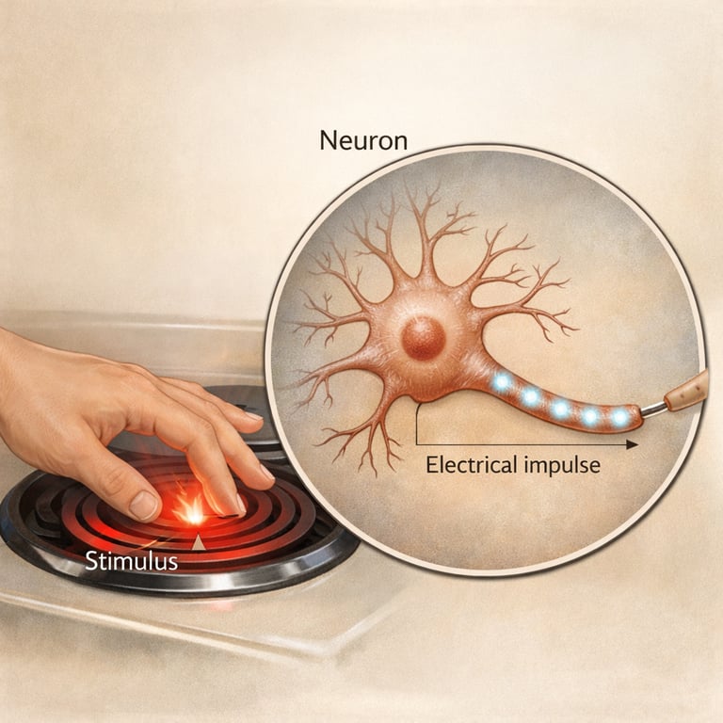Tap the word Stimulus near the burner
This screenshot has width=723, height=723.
131,563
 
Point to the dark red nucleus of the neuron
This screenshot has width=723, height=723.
424,337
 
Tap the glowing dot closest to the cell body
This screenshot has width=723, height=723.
503,382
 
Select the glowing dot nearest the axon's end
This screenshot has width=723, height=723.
619,416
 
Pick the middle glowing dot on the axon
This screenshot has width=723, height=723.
561,409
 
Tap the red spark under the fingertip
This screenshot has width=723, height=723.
191,511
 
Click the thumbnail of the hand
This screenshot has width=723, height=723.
144,506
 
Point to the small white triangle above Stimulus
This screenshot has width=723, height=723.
199,542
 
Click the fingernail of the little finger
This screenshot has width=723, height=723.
253,416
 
